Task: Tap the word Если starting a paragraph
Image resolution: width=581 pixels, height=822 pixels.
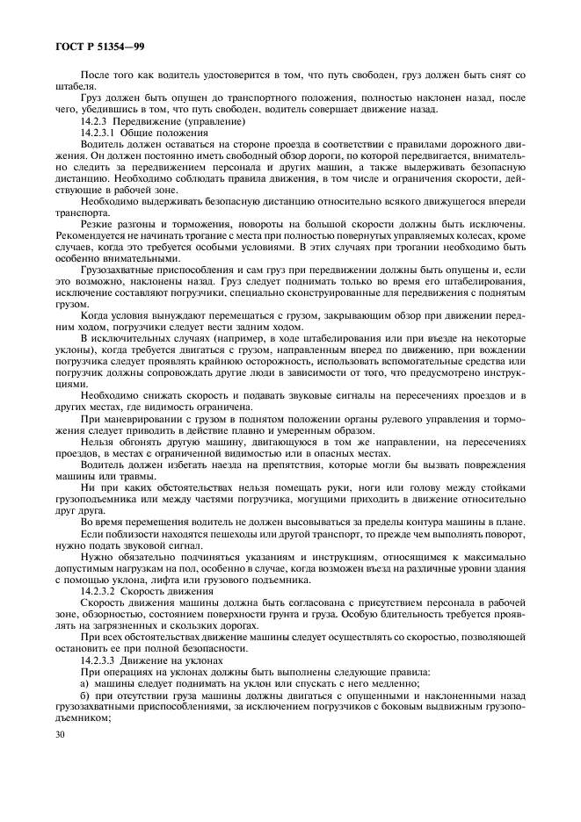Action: click(91, 532)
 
